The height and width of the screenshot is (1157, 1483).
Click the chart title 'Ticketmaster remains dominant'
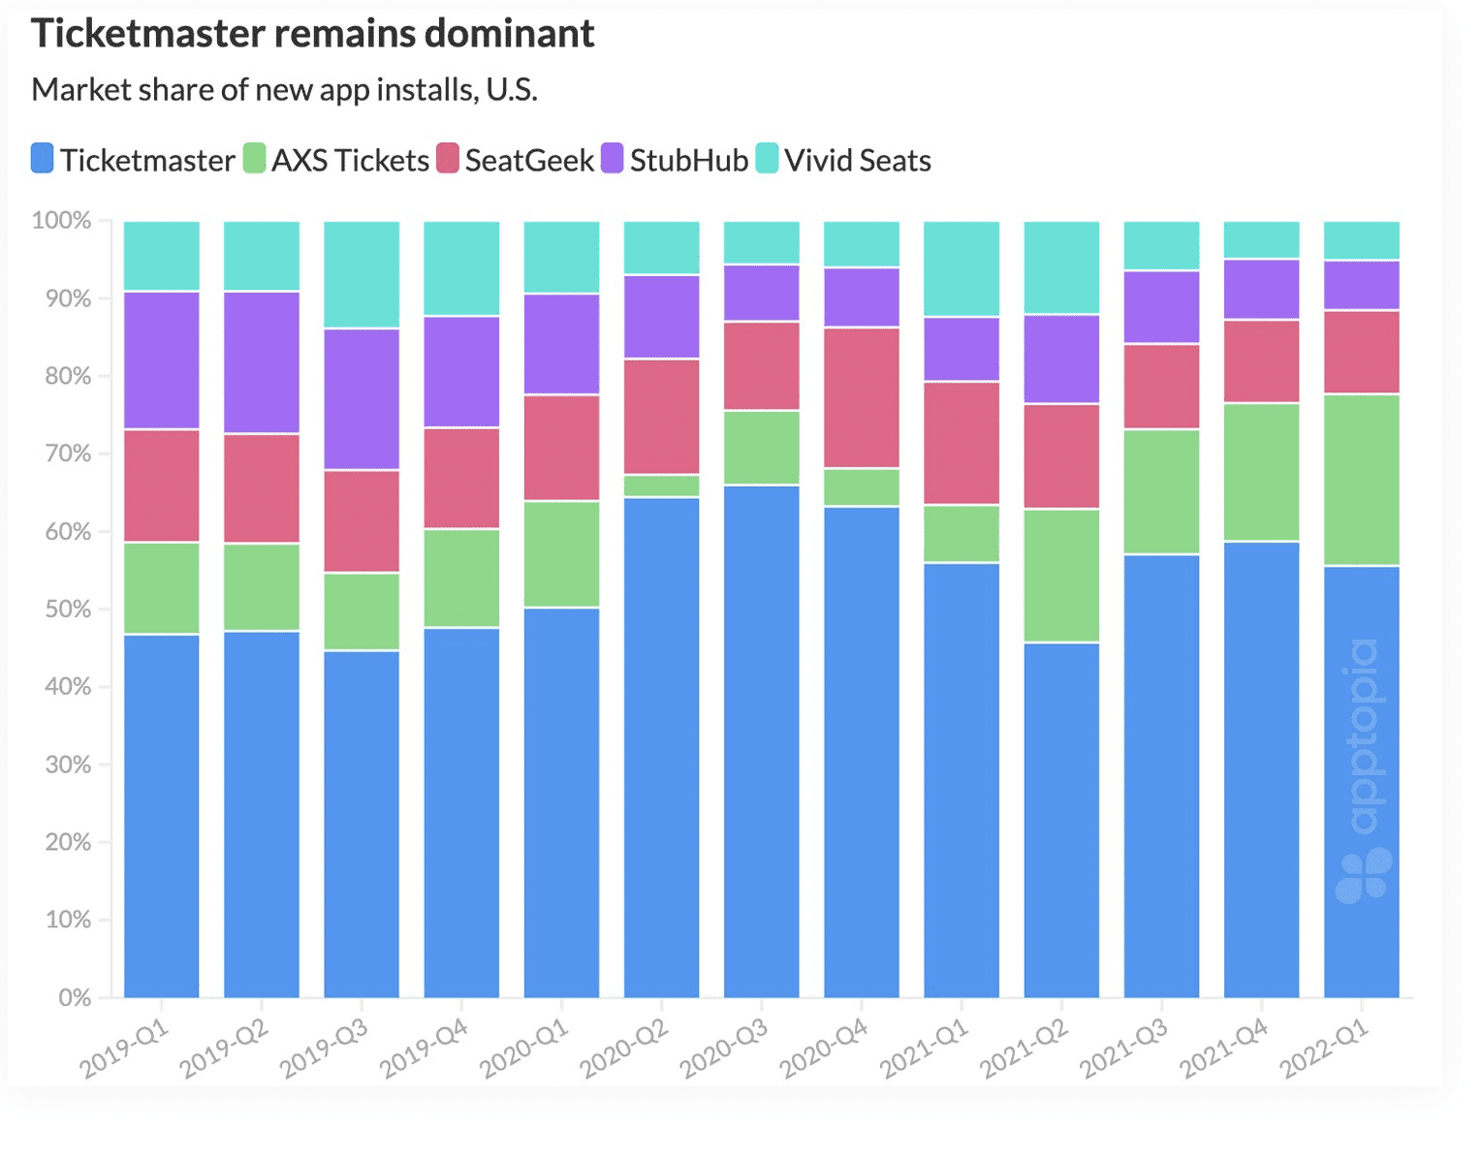click(x=312, y=34)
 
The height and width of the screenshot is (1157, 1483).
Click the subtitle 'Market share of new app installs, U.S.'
click(x=284, y=90)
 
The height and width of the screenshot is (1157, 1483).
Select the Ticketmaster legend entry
click(x=134, y=160)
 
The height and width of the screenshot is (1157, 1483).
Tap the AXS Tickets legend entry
click(x=336, y=160)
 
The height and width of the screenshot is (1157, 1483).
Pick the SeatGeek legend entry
click(x=516, y=160)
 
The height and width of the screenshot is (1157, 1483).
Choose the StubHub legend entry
click(x=676, y=160)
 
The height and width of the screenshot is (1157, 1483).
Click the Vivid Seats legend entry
click(x=844, y=160)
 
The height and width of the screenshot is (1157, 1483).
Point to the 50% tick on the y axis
click(x=67, y=610)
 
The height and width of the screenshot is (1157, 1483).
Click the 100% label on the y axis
click(x=61, y=221)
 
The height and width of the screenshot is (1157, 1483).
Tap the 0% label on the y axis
click(x=74, y=998)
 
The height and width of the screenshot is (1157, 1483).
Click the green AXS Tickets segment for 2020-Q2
click(x=661, y=485)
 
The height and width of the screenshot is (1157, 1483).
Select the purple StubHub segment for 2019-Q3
click(x=362, y=399)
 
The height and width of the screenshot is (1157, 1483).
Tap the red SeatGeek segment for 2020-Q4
click(x=861, y=398)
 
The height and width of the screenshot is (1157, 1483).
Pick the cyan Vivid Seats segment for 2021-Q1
click(x=961, y=268)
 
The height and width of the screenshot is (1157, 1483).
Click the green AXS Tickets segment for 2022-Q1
click(x=1361, y=480)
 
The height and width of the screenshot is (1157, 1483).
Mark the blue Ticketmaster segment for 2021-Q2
click(x=1061, y=820)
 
